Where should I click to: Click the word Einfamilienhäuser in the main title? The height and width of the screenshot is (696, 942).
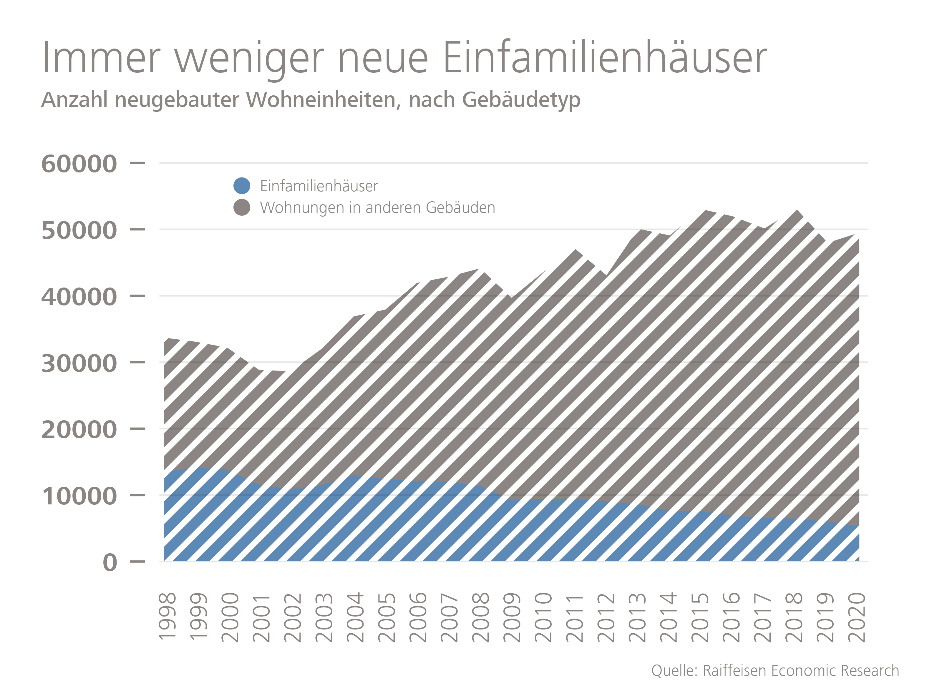[x=605, y=58]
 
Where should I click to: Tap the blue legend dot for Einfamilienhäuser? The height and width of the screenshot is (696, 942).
[x=241, y=186]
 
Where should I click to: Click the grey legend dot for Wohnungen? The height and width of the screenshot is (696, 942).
[x=241, y=207]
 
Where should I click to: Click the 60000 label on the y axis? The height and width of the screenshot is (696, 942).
[x=79, y=163]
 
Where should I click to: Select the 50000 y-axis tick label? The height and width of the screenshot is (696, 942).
[x=79, y=230]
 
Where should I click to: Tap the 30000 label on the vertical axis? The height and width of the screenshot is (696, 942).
[x=79, y=363]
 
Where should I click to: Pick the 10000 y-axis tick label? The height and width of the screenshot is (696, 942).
[x=79, y=496]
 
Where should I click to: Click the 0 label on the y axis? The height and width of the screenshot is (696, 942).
[x=110, y=562]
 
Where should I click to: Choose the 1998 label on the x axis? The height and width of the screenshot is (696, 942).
[x=167, y=617]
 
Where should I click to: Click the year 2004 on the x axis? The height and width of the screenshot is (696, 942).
[x=355, y=617]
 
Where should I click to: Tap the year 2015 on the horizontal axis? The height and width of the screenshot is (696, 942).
[x=700, y=617]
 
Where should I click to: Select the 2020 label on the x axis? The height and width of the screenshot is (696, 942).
[x=857, y=617]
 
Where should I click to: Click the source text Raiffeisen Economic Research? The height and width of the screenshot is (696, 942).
[x=801, y=670]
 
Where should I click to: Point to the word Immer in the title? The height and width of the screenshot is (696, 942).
[x=101, y=58]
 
